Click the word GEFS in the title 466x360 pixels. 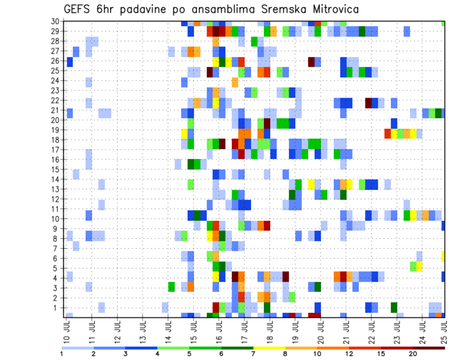click(78, 10)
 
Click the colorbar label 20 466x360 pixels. click(413, 354)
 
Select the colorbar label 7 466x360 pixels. click(253, 354)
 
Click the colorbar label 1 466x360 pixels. click(62, 354)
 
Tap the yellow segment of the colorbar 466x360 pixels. click(269, 348)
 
